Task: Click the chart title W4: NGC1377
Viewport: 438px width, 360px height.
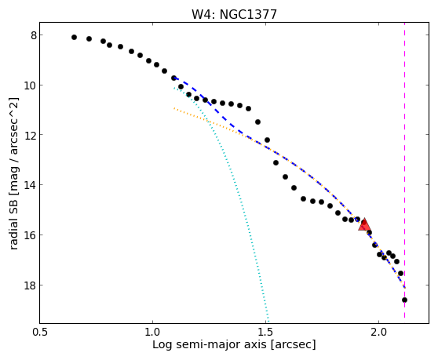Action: click(234, 14)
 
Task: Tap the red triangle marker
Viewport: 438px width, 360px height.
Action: click(364, 224)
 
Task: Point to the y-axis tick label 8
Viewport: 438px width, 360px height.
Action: click(34, 35)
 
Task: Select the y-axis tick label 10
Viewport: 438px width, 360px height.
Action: click(30, 85)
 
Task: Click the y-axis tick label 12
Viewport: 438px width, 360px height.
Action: click(30, 135)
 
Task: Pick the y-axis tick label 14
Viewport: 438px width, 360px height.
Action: click(30, 185)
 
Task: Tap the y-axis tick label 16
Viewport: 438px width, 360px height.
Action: click(30, 235)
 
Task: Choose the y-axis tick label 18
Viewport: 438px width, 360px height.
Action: click(30, 285)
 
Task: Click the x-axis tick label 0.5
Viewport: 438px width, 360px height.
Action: click(40, 333)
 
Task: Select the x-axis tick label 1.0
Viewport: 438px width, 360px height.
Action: click(152, 333)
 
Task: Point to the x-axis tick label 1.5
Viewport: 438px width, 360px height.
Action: click(265, 333)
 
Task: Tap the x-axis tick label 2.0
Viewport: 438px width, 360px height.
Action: click(378, 333)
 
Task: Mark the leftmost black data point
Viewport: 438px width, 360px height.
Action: click(74, 37)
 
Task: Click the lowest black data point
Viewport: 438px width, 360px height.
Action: click(404, 300)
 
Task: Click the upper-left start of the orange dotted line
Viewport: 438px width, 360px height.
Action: click(173, 107)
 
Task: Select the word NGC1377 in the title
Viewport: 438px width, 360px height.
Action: click(248, 14)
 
